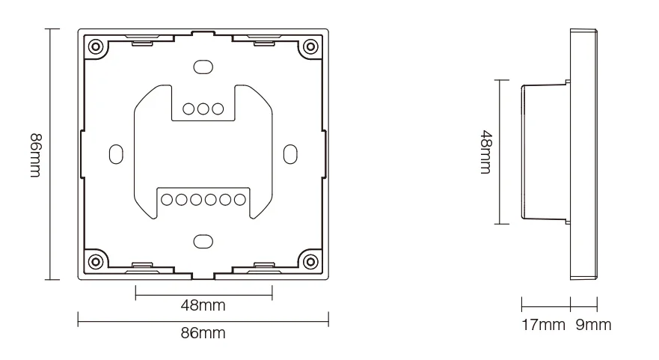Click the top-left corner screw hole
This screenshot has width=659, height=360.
[96, 46]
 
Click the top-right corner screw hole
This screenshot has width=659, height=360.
[309, 46]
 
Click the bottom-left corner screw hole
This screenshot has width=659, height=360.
[96, 261]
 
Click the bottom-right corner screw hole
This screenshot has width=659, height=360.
[309, 261]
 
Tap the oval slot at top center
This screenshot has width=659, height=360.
[202, 66]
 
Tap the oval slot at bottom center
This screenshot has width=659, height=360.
[202, 242]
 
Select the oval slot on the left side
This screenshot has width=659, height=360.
[115, 153]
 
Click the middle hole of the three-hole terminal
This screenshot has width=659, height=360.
[203, 109]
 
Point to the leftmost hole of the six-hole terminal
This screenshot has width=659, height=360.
[168, 200]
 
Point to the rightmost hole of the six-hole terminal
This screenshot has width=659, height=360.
[239, 200]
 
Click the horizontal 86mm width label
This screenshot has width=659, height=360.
[203, 333]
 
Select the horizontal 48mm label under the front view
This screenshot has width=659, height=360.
[203, 305]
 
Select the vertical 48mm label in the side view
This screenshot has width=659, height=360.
[485, 153]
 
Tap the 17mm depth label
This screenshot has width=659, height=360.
[543, 325]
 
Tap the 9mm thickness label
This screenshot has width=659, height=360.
[593, 325]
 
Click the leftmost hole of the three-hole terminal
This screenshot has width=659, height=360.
[188, 109]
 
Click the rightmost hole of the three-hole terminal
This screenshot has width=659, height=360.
[217, 109]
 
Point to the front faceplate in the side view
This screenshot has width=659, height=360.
[584, 153]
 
